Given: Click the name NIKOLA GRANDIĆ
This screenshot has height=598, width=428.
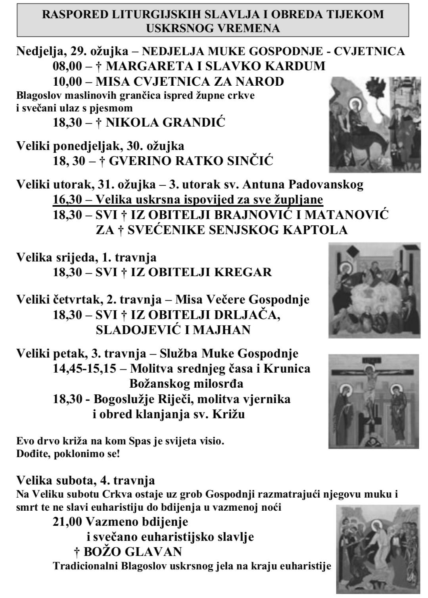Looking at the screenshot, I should (x=165, y=123).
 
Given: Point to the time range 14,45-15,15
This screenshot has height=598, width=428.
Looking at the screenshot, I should (x=84, y=369).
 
